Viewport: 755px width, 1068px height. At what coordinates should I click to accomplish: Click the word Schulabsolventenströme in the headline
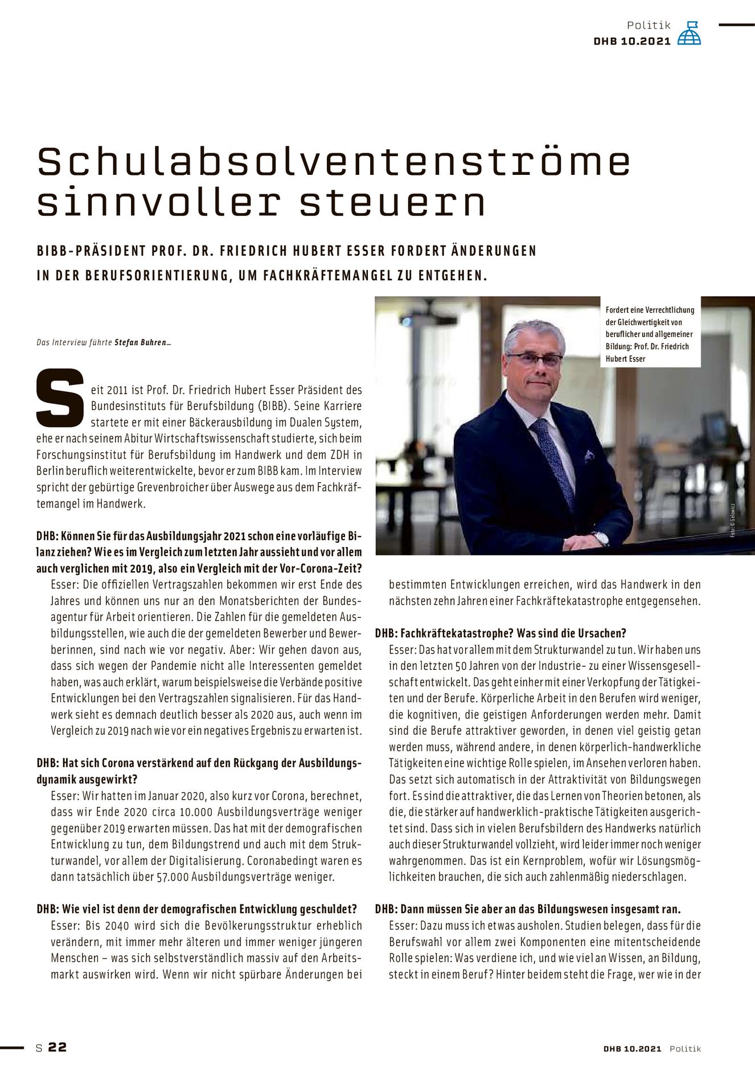pos(334,162)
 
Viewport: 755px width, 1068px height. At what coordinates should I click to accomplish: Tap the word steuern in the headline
pos(392,203)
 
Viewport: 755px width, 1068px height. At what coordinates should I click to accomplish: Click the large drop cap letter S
pos(60,398)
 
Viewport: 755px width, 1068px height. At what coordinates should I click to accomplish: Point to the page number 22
pos(58,1047)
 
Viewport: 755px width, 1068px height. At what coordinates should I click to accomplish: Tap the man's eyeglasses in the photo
pos(534,359)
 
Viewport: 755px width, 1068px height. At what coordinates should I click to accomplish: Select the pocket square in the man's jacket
pos(589,455)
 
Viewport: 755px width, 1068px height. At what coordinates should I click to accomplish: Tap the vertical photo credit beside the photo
pos(733,520)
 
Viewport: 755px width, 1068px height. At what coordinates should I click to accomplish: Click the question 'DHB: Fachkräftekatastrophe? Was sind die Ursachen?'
pos(500,633)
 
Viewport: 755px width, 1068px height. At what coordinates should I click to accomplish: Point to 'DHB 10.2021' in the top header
pos(632,42)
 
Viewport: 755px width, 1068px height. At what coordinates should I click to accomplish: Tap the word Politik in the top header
pos(649,26)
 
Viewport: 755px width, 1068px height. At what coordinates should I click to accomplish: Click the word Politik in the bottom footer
pos(685,1049)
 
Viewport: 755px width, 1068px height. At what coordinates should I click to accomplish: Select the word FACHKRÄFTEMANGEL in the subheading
pos(337,276)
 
